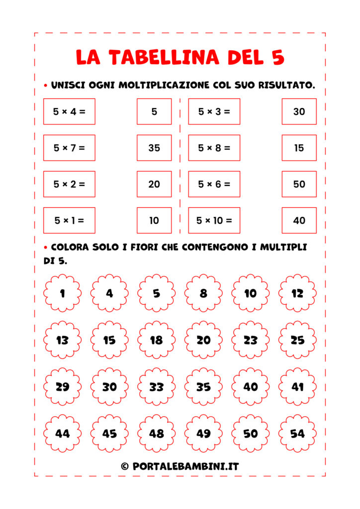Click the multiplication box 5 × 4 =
point(69,111)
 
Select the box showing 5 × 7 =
point(69,148)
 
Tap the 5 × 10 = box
point(214,220)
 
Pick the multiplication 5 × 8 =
point(214,148)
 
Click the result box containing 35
point(154,148)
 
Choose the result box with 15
point(299,148)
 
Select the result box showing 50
point(299,184)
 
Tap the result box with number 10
point(154,220)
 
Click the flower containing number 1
point(62,293)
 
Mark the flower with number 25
point(297,340)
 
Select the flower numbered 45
point(109,433)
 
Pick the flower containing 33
point(156,387)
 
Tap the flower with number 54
point(297,433)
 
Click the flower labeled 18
point(156,340)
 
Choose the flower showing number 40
point(251,387)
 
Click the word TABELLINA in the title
point(164,57)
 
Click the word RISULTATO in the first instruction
point(285,85)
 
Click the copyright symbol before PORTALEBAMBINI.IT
point(125,466)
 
